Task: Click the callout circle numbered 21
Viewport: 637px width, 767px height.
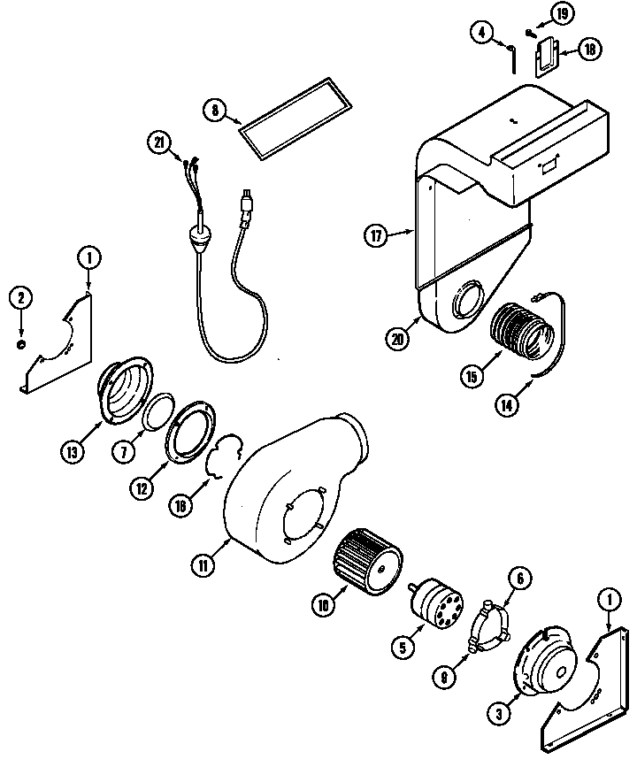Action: [x=159, y=144]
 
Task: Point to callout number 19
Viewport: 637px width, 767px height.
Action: [x=481, y=34]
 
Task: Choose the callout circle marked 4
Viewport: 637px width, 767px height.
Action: [x=481, y=34]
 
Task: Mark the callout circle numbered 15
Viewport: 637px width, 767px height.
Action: [x=472, y=374]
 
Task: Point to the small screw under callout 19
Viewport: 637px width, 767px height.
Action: [x=528, y=33]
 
